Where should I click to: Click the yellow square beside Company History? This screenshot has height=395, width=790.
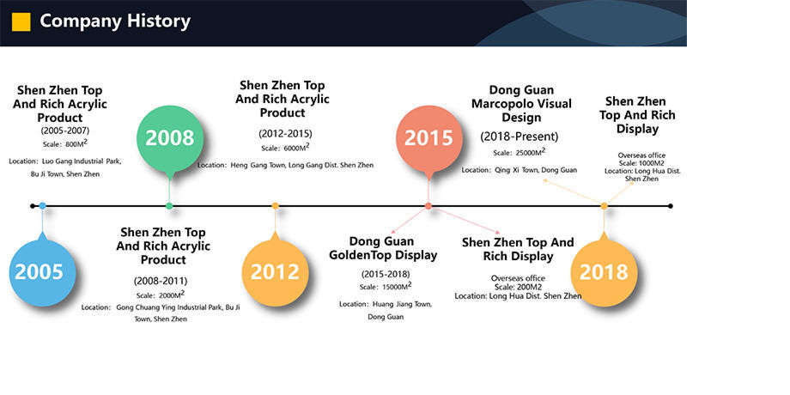tap(21, 21)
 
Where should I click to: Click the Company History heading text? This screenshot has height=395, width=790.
tap(115, 21)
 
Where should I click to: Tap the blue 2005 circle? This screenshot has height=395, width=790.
tap(42, 272)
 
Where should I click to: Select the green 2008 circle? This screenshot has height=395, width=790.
tap(170, 138)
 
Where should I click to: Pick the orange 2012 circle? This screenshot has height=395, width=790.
tap(275, 272)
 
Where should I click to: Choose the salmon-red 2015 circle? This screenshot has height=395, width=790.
tap(428, 138)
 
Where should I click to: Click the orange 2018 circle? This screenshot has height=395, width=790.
tap(604, 272)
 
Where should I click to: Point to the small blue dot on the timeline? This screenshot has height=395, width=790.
tap(42, 205)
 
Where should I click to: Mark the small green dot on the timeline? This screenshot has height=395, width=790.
tap(169, 205)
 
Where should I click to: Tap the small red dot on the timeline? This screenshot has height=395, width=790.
tap(428, 205)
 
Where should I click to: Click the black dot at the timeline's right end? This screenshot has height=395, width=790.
tap(670, 205)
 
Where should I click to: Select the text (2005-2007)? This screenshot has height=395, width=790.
tap(65, 131)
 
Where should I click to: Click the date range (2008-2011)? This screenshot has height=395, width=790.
tap(161, 281)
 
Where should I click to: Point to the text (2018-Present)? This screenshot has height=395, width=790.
tap(520, 137)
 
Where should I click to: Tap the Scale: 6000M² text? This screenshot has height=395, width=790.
tap(285, 147)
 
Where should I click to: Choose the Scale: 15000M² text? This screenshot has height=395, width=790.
tap(386, 286)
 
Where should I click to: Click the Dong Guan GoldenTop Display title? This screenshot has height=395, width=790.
tap(383, 248)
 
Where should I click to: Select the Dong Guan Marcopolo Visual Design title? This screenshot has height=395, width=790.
tap(521, 104)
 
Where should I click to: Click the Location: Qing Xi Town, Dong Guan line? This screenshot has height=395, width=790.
tap(520, 170)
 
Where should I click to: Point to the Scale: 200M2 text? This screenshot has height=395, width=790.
tap(518, 287)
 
